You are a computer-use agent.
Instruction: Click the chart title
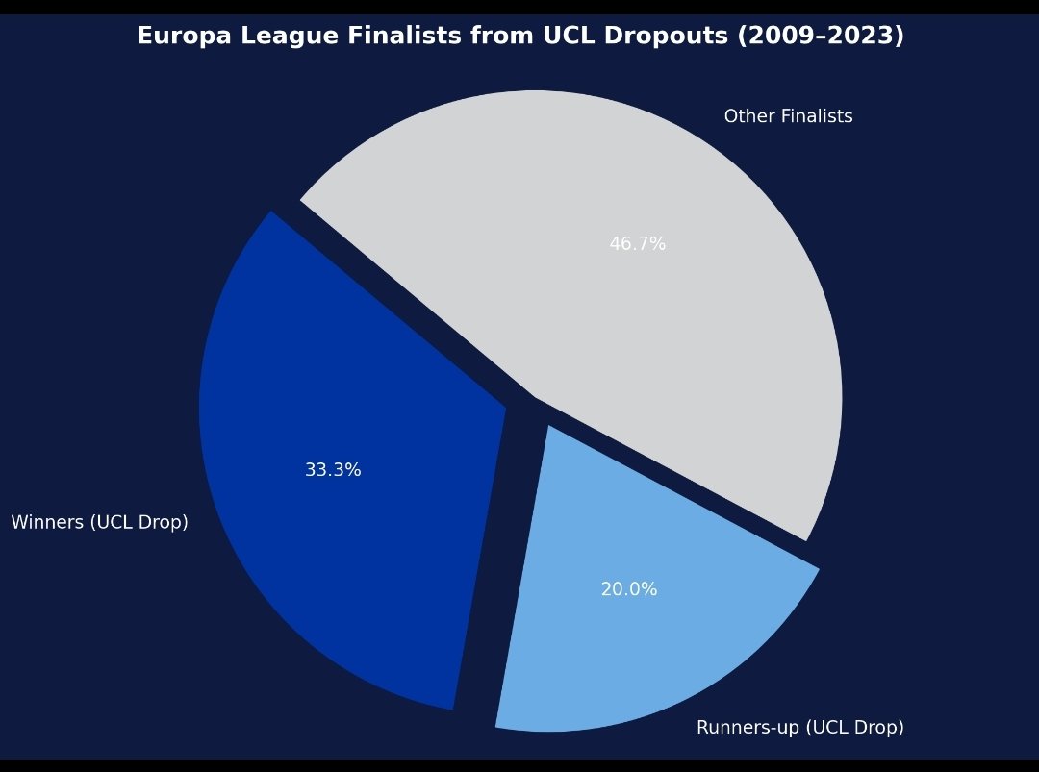point(519,37)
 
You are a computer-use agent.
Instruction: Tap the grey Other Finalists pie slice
point(635,288)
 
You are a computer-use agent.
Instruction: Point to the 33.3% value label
point(333,470)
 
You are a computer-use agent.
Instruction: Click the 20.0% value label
point(629,589)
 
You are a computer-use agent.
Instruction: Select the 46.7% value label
point(637,244)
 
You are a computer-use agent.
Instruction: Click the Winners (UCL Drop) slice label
point(99,523)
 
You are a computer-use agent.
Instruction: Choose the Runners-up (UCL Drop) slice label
point(799,728)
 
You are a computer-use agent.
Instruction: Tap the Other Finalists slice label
point(788,116)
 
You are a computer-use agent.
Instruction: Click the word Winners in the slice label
point(44,523)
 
